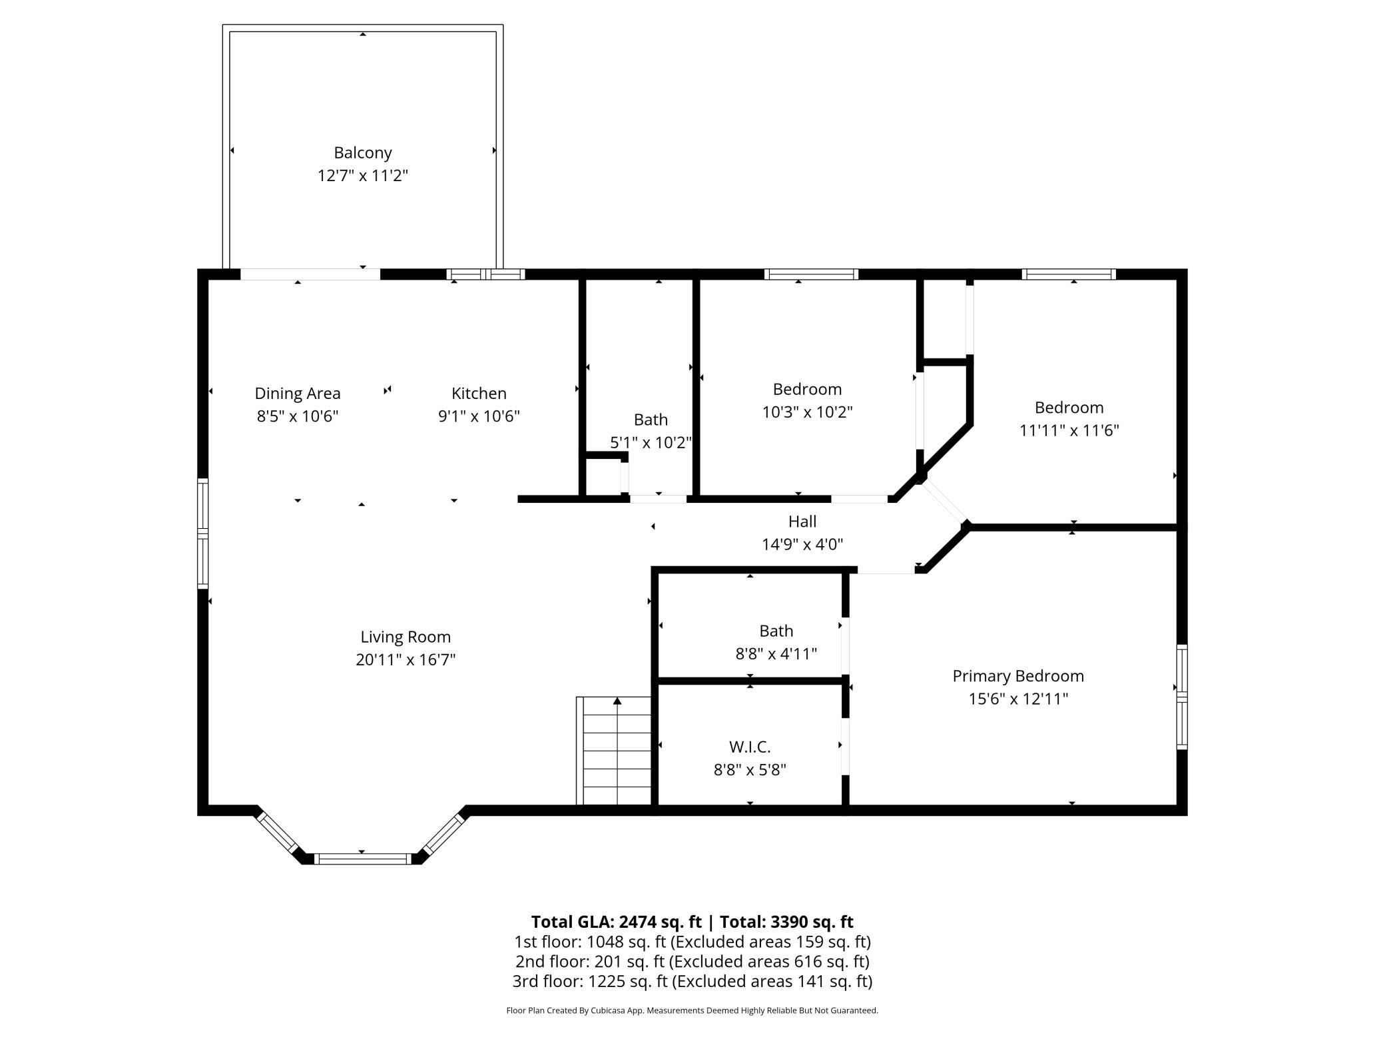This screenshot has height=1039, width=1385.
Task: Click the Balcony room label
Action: pos(362,153)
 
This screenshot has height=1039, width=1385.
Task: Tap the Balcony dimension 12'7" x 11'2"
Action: pos(362,176)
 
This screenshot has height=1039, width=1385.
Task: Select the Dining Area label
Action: pos(298,394)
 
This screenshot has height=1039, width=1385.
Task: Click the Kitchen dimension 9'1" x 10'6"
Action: pos(479,416)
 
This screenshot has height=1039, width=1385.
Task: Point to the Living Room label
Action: pos(406,637)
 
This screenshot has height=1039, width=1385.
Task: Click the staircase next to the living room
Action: pos(613,751)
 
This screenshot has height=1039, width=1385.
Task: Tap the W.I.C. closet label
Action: pos(750,747)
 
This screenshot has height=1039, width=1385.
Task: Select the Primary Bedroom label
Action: pos(1018,677)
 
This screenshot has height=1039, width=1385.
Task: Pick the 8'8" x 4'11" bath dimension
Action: pos(776,654)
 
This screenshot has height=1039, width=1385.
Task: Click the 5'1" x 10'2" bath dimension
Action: pos(651,443)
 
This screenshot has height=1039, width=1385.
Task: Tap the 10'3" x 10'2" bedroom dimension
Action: pos(807,412)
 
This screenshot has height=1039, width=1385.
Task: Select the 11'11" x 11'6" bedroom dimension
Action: pos(1069,430)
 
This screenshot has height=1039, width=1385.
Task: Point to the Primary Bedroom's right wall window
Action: pos(1182,697)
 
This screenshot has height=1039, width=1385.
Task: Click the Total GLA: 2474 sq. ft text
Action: pos(616,922)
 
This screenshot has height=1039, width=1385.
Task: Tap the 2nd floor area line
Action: pos(692,962)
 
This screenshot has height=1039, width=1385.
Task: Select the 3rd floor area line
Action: pos(692,981)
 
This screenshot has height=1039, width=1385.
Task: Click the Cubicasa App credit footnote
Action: pos(692,1010)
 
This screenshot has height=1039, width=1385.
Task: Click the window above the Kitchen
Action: pos(485,274)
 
